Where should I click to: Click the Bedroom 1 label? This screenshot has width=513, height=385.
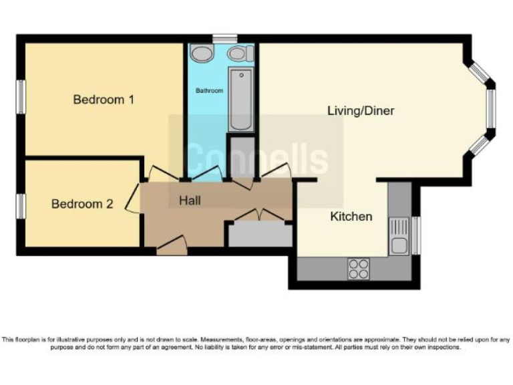click(x=104, y=100)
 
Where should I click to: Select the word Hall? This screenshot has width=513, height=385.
click(x=190, y=200)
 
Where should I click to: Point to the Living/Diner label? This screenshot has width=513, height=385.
click(x=361, y=111)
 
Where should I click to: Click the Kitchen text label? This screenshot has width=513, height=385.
click(x=351, y=217)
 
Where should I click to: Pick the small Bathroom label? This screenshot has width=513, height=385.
click(x=209, y=90)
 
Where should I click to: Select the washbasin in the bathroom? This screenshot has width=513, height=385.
click(x=201, y=53)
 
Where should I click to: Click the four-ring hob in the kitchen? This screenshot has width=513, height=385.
click(x=359, y=268)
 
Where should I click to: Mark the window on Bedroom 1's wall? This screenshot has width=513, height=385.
click(x=21, y=97)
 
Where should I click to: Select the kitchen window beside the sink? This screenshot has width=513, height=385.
click(x=416, y=235)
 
